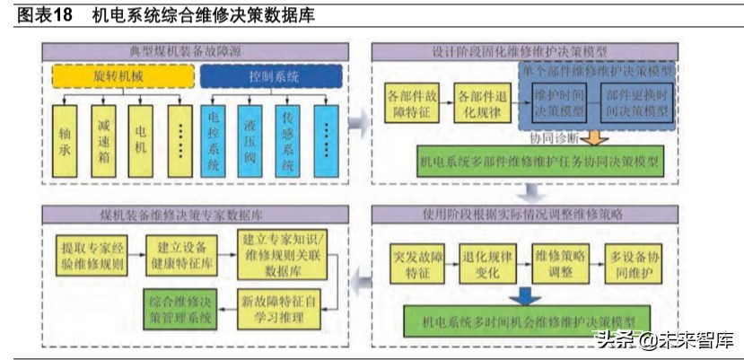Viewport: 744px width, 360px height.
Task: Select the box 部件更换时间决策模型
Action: (x=636, y=103)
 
